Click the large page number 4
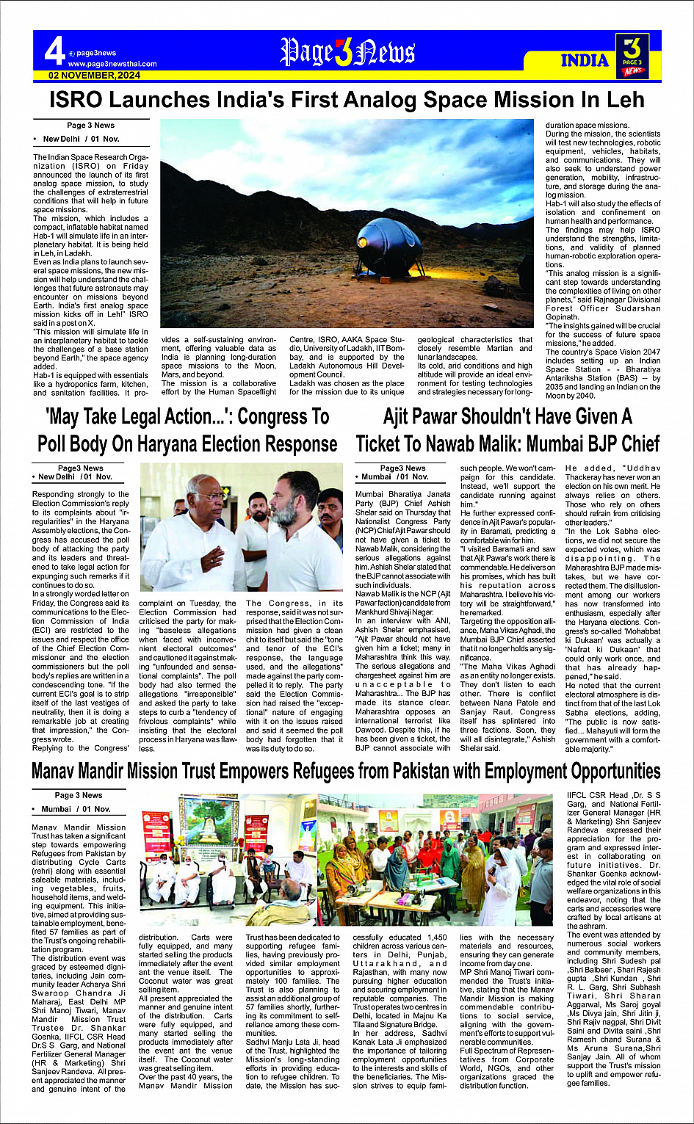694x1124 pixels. [54, 52]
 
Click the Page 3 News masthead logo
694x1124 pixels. [347, 53]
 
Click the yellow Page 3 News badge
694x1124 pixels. [632, 56]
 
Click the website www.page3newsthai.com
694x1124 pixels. [112, 64]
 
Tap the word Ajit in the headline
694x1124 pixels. [401, 417]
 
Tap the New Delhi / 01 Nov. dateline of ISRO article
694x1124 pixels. [81, 139]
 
